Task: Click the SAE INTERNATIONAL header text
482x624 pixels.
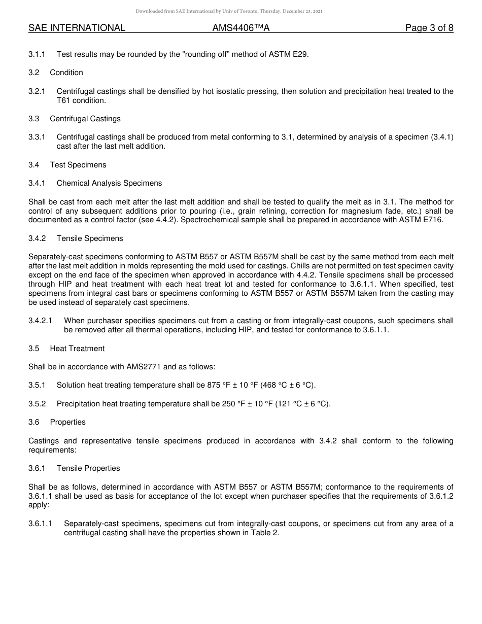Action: click(77, 28)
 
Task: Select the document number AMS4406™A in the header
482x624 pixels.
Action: click(240, 28)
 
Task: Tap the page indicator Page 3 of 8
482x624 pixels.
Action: click(429, 28)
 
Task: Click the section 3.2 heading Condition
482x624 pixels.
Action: click(66, 73)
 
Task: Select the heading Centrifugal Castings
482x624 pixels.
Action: click(85, 119)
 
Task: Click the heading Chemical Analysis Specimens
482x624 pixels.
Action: click(109, 183)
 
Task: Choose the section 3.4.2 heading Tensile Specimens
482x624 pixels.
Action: click(90, 238)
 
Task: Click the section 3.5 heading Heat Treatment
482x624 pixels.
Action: click(77, 349)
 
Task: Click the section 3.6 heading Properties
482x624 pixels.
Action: click(67, 422)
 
